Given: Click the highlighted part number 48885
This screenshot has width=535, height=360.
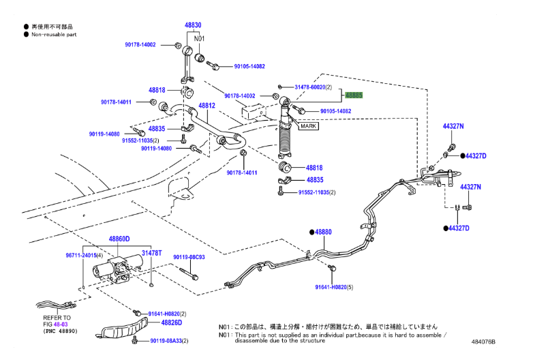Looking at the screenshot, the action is (x=354, y=95).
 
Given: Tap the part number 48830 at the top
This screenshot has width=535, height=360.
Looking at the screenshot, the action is (x=193, y=25).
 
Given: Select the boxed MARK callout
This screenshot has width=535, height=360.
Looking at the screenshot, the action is (x=308, y=126).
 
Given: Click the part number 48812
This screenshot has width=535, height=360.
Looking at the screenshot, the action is (x=207, y=106).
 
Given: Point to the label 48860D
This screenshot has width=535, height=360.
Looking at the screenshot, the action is (x=119, y=239).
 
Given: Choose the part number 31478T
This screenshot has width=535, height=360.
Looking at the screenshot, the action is (x=151, y=253).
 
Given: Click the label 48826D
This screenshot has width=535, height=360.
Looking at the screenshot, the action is (x=171, y=322).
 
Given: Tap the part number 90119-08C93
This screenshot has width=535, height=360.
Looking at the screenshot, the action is (x=189, y=257).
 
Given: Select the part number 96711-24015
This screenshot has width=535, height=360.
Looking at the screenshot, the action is (x=81, y=255).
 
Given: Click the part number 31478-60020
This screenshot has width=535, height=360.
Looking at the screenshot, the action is (x=310, y=87).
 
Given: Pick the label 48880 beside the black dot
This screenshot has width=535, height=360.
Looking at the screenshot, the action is (x=323, y=232).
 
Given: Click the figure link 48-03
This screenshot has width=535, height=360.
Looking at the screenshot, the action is (x=61, y=324).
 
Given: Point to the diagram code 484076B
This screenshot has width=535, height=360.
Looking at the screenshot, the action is (x=483, y=342).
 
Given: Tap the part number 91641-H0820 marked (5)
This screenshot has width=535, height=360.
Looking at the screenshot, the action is (x=331, y=287).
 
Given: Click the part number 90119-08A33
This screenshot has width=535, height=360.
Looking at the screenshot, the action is (x=166, y=340).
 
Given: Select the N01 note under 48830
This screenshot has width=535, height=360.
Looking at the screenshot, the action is (x=199, y=39).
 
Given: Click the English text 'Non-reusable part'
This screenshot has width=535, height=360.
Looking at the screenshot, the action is (x=54, y=35).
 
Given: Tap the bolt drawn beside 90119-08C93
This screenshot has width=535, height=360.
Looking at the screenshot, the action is (x=189, y=273).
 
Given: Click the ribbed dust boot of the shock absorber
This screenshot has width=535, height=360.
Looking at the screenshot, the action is (x=285, y=139).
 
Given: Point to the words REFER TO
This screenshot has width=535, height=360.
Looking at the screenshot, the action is (x=57, y=318).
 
